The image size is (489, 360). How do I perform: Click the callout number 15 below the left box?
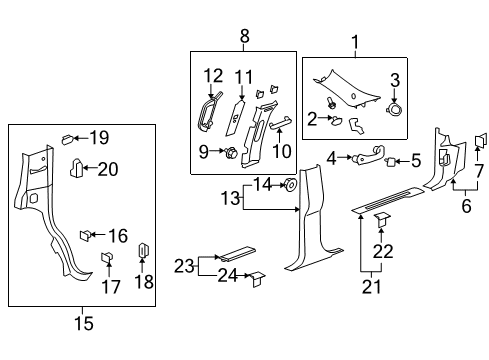84,323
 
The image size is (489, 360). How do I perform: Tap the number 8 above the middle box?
244,36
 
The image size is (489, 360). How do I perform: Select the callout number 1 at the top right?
355,42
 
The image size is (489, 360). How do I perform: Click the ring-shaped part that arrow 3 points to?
395,110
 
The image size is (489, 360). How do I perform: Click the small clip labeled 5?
391,162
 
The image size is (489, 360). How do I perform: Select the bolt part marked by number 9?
232,153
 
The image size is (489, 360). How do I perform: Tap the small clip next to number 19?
67,139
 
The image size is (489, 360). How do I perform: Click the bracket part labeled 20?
76,168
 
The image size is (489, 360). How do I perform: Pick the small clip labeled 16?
85,235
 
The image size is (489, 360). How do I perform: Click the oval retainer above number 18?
143,251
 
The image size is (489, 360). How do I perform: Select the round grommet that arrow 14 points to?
290,185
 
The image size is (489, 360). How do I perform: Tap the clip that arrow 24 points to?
257,279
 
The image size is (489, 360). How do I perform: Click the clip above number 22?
382,220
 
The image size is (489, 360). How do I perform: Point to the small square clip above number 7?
480,140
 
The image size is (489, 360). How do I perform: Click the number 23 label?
184,266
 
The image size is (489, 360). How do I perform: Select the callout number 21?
371,286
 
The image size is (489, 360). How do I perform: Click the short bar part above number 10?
280,124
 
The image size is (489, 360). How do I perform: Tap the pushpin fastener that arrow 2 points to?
335,120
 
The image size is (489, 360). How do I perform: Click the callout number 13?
230,198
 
